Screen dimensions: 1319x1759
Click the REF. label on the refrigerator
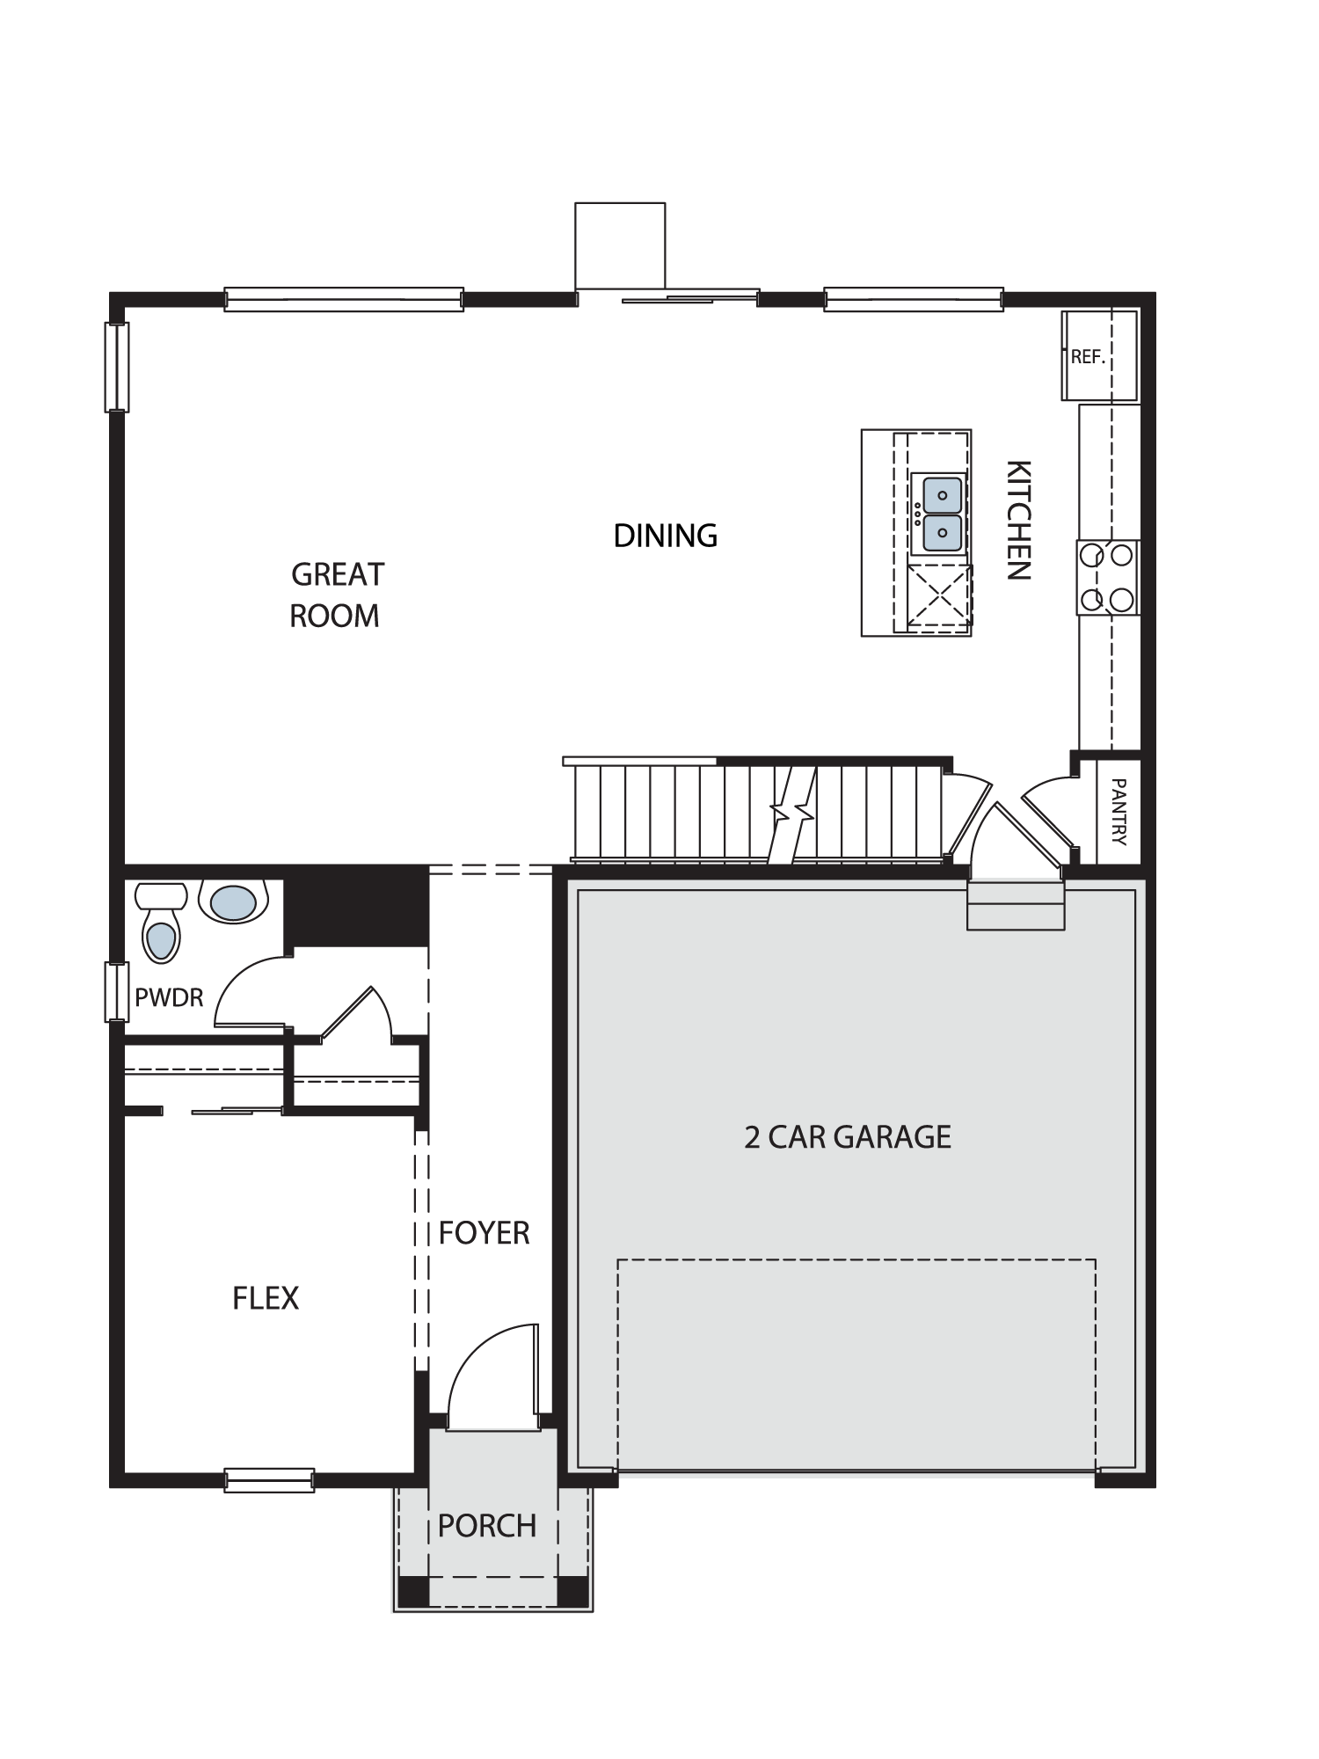1087,358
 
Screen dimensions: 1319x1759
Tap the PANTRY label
1119,811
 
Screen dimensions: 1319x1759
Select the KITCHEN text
1018,520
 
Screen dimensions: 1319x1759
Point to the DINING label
666,536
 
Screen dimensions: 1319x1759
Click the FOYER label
485,1233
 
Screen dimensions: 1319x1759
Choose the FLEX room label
266,1298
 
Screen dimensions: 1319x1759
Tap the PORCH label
487,1526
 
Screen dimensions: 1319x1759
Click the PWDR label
169,997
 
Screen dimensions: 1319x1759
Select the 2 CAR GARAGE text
848,1137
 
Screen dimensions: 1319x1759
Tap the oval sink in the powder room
234,901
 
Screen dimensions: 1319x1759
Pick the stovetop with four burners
1108,577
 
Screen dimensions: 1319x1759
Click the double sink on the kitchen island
939,514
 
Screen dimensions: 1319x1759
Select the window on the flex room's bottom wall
269,1480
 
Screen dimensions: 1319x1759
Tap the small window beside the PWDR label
117,992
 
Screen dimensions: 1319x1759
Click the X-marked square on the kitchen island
939,596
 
